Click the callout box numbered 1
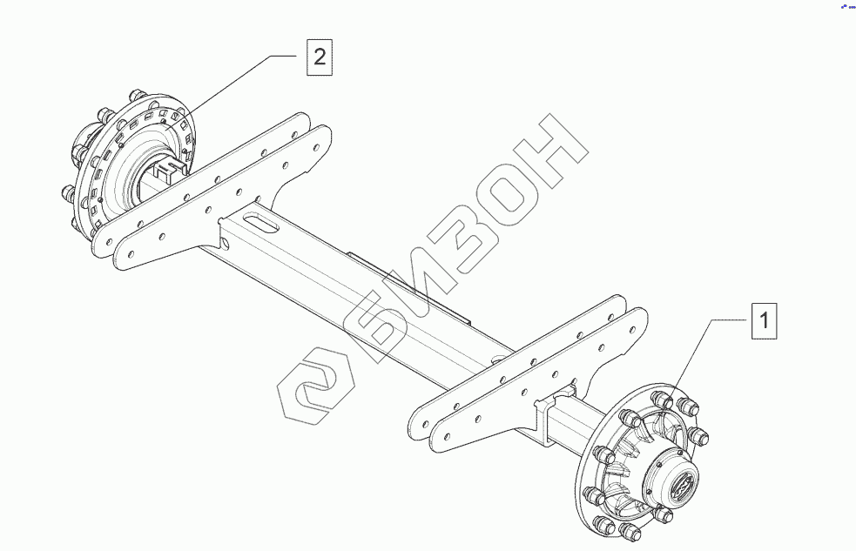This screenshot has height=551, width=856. pos(764,320)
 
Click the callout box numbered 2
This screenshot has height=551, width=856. pos(320,57)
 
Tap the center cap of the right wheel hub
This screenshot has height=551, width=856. pos(680,481)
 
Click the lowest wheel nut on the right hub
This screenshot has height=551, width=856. pos(630,531)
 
